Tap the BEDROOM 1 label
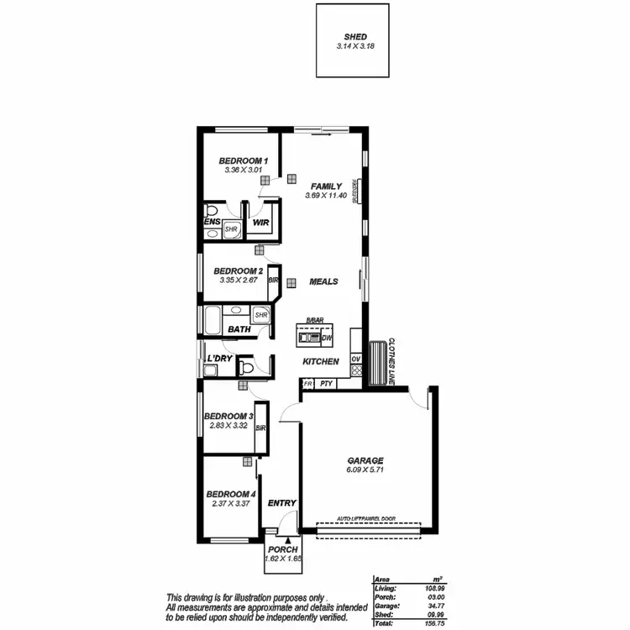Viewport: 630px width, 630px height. click(243, 160)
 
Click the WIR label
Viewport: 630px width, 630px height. click(260, 223)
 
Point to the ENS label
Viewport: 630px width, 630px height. click(212, 223)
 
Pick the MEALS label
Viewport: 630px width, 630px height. click(323, 281)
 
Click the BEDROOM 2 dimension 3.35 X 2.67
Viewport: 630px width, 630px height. click(239, 281)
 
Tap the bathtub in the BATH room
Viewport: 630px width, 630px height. click(212, 319)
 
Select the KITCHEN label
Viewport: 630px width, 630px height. click(321, 362)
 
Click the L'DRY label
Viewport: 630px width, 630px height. click(219, 360)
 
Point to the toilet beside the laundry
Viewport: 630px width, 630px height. click(245, 366)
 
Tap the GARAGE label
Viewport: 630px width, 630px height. click(365, 460)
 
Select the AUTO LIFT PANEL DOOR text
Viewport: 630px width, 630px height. click(366, 519)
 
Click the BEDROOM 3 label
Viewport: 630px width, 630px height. click(228, 416)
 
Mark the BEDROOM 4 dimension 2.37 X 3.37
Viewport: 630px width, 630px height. click(230, 503)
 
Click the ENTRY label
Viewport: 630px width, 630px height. click(282, 503)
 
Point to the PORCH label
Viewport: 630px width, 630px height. click(282, 549)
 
